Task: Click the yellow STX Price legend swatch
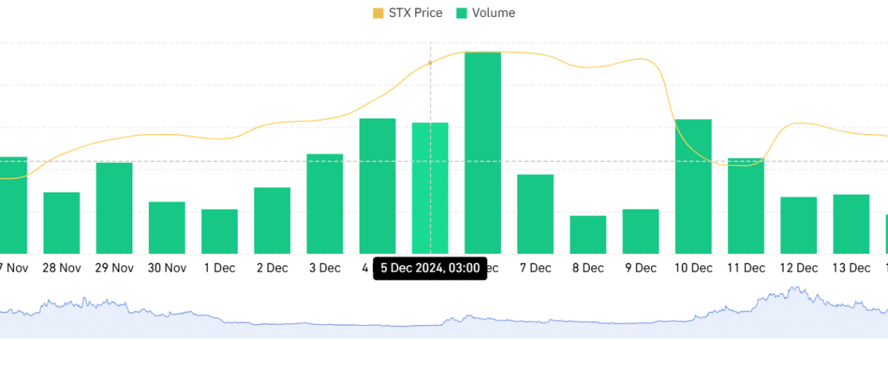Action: [378, 13]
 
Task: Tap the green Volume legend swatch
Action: [462, 13]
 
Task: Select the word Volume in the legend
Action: [494, 13]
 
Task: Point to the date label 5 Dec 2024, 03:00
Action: [430, 268]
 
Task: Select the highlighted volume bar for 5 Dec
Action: [430, 188]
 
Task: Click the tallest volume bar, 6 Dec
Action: [482, 152]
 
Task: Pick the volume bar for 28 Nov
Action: [62, 223]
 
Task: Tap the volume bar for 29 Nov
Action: [114, 208]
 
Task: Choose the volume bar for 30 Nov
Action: [167, 228]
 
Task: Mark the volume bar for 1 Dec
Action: [219, 231]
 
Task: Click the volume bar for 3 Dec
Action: [325, 203]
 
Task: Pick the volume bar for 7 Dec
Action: [536, 214]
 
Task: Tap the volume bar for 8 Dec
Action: [588, 235]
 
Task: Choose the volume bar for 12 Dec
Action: [798, 225]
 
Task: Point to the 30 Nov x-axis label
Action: [167, 268]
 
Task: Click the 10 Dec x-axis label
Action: [693, 268]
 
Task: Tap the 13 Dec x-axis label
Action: [851, 268]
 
